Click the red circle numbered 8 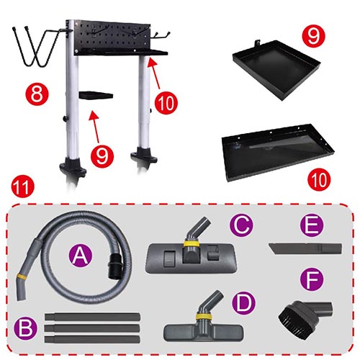point(37,94)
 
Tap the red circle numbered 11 point(23,186)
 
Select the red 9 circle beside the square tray point(313,36)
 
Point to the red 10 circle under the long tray point(319,179)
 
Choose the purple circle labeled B point(26,328)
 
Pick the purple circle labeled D point(243,303)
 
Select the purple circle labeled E point(312,225)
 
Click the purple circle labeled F point(312,279)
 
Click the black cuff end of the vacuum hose point(114,266)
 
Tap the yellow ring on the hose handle point(21,276)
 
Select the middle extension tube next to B point(92,328)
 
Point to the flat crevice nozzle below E point(305,248)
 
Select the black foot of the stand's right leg point(144,155)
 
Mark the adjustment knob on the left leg point(65,118)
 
